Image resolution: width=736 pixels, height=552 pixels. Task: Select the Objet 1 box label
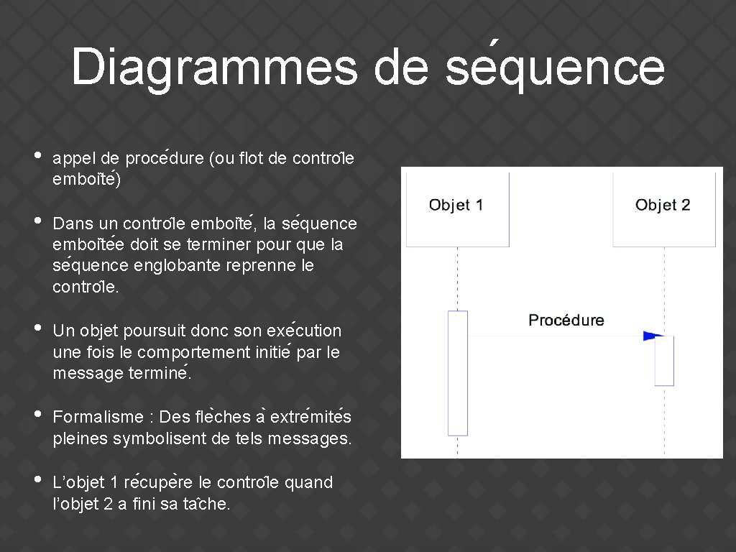click(456, 206)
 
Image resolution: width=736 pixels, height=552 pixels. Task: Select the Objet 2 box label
click(663, 206)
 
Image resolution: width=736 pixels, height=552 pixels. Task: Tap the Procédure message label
click(566, 320)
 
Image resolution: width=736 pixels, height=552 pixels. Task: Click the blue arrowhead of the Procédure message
click(653, 336)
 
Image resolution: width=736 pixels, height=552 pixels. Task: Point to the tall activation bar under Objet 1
click(458, 373)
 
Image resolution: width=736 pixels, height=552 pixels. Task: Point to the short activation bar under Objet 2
click(664, 361)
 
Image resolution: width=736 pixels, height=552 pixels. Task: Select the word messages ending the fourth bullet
click(310, 438)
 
